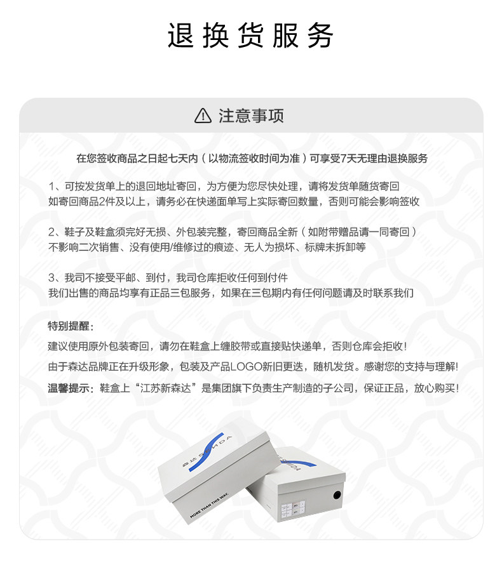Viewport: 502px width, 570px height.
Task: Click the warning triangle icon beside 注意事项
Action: (202, 116)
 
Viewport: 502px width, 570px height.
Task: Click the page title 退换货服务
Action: (250, 36)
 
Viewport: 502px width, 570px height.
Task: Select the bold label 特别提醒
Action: (70, 326)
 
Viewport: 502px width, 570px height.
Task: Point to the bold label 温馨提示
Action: (70, 388)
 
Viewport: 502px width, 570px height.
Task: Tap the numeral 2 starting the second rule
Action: (51, 232)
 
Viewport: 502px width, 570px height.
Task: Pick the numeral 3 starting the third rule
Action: (51, 277)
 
